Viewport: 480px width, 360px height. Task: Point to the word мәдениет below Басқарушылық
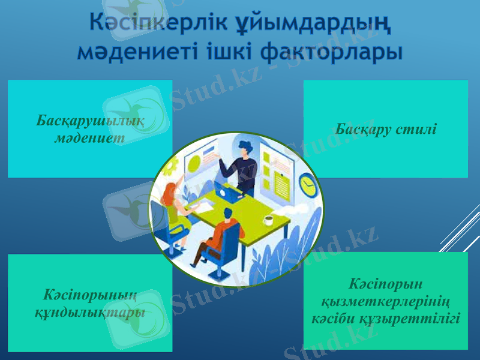click(90, 137)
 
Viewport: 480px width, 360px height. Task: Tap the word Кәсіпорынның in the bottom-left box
click(90, 296)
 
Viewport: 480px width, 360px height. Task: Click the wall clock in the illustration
click(308, 185)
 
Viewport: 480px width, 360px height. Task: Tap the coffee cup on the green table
click(268, 220)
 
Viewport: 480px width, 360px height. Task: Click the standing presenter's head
click(245, 148)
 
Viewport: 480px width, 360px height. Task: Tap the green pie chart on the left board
click(194, 163)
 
